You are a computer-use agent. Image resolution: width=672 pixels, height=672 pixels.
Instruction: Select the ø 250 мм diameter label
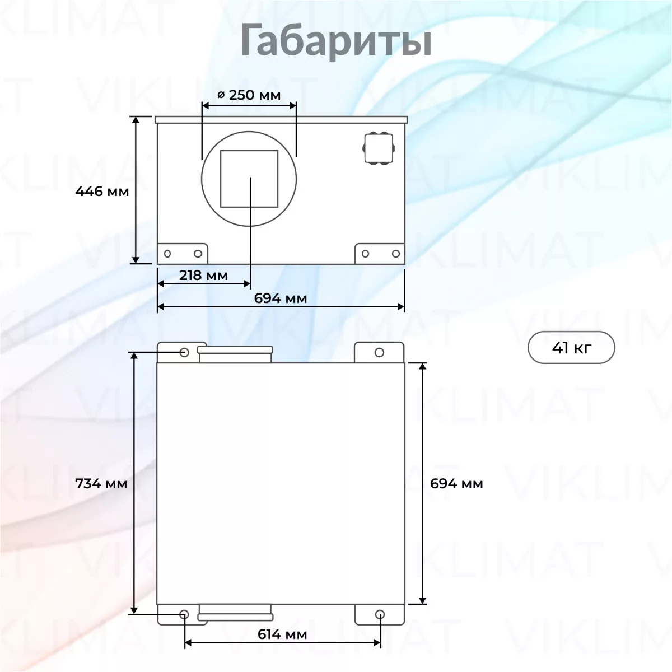249,95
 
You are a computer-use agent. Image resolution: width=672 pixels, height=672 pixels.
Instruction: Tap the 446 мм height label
102,192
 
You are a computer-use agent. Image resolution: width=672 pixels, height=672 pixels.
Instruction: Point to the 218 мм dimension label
203,276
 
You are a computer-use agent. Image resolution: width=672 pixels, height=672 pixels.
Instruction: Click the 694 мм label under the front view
281,298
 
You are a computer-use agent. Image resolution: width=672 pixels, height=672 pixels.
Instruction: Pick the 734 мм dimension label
101,484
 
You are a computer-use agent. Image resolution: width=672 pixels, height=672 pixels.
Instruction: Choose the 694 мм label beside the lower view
456,484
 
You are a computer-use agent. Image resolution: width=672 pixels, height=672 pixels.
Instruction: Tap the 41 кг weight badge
571,347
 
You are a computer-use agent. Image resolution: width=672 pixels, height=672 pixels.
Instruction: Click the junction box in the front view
379,148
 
